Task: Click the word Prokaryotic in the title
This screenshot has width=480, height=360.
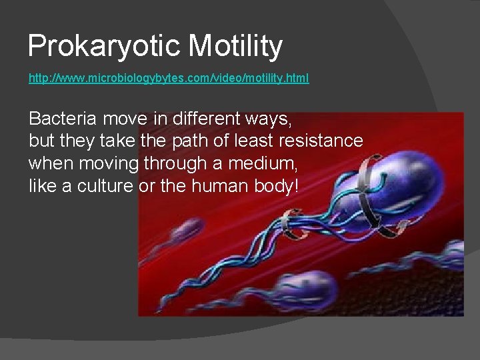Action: (x=104, y=47)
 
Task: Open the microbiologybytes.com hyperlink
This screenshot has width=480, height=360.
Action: (x=168, y=79)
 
